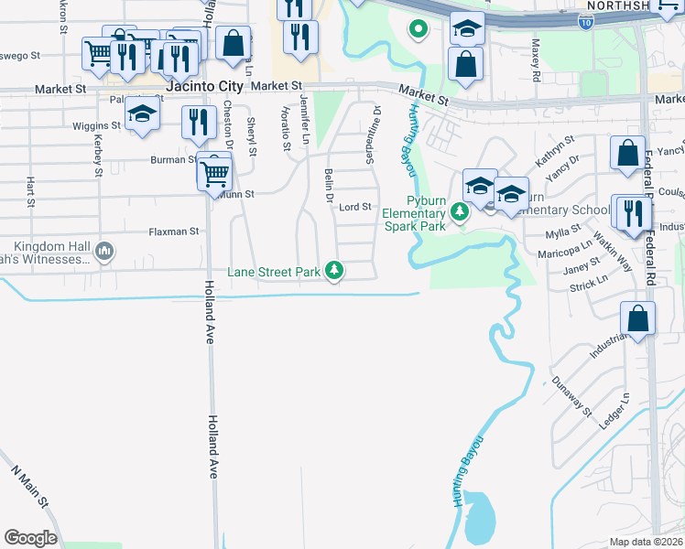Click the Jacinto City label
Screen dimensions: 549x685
[205, 87]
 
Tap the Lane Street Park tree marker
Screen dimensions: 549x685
[336, 271]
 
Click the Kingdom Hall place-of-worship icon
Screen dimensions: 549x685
[105, 250]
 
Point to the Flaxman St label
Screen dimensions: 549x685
[174, 231]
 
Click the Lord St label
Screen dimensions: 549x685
[355, 207]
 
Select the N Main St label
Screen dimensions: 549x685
[29, 489]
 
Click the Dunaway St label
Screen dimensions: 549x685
[573, 395]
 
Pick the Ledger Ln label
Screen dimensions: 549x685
[614, 412]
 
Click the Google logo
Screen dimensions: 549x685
[30, 538]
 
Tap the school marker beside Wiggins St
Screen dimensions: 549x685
[143, 114]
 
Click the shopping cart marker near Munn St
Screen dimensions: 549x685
[215, 171]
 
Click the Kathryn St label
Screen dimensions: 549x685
[556, 148]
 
